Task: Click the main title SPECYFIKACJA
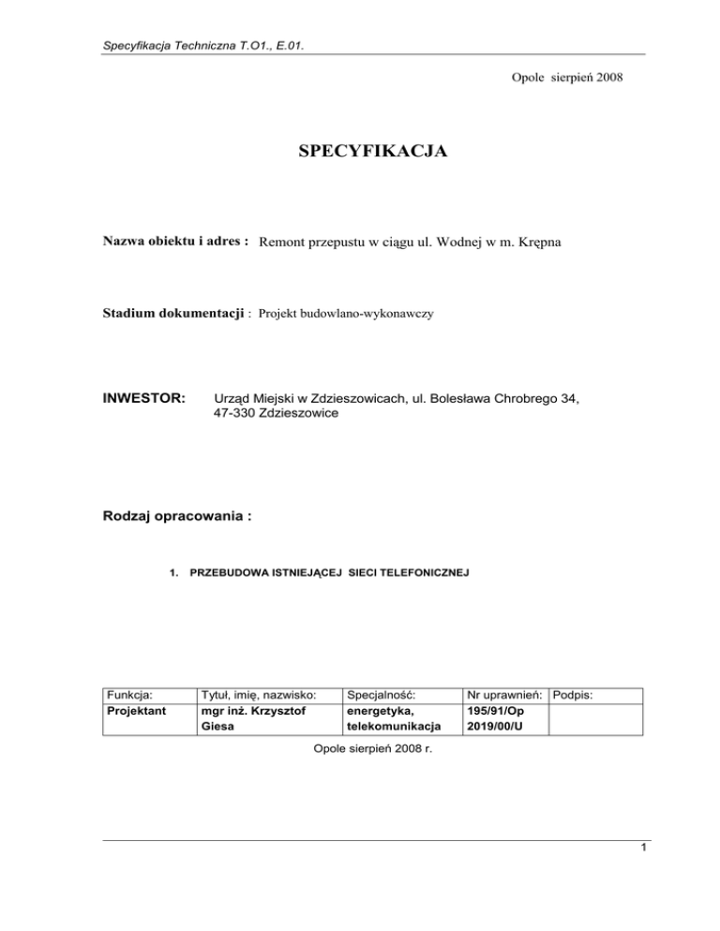(360, 149)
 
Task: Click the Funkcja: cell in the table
(130, 696)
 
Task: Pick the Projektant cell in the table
(137, 711)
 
